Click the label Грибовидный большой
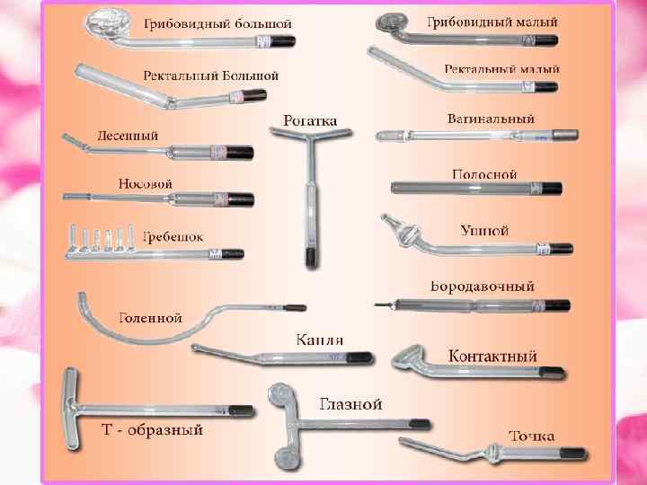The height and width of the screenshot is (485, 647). coord(216,22)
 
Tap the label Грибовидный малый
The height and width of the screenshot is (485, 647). coord(492,21)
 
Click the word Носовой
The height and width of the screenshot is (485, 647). coord(146,183)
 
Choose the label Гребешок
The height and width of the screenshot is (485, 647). coord(173,236)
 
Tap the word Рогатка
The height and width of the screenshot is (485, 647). coord(309,119)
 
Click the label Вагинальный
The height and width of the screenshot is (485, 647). coord(491,119)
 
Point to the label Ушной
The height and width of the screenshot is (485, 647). coord(484,231)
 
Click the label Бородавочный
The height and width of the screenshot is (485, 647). coord(482,287)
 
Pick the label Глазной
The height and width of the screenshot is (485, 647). coord(351,403)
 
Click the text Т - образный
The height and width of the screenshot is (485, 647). coord(150,429)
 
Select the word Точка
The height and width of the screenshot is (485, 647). coord(532,436)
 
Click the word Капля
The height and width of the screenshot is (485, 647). coord(320,340)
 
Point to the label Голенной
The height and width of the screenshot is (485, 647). coord(150,317)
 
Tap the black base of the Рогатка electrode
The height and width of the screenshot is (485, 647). coord(311,255)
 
